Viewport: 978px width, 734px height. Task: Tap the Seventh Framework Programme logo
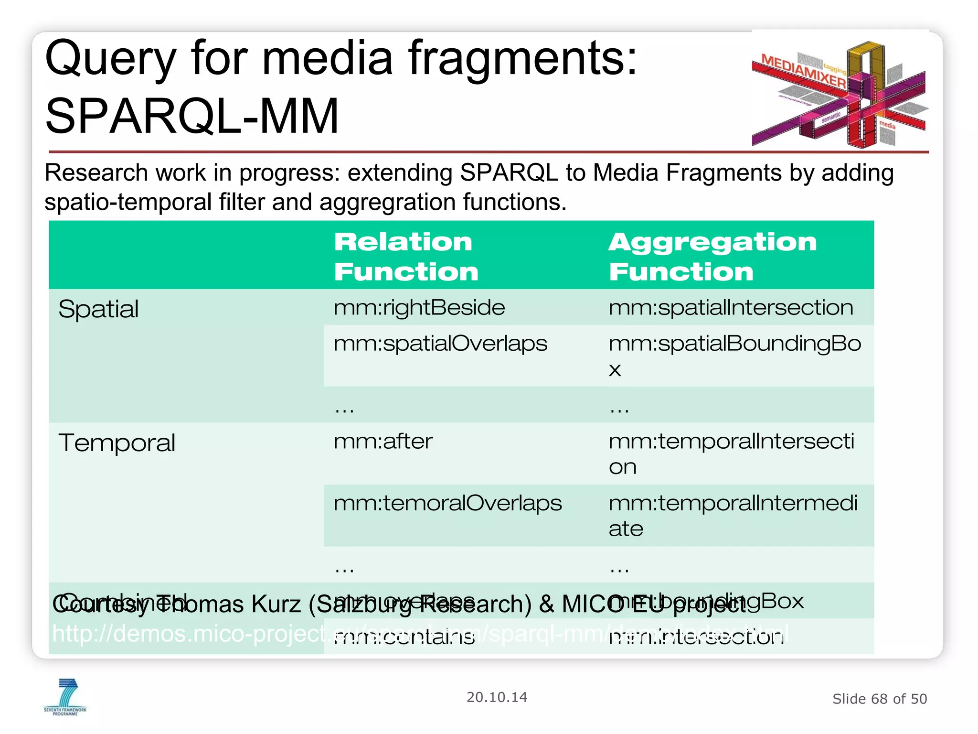tap(65, 697)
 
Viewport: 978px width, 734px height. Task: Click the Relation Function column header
tap(406, 256)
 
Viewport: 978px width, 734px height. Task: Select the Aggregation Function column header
tap(712, 256)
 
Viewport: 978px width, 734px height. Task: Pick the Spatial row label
tap(98, 309)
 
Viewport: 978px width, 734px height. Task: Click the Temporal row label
tap(117, 443)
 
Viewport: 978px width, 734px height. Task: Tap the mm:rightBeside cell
tap(419, 307)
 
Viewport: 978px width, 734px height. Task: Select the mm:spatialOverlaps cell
tap(440, 344)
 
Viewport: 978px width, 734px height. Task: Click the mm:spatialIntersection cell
tap(731, 307)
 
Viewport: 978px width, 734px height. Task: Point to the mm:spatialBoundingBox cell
tap(734, 356)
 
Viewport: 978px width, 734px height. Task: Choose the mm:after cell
tap(383, 441)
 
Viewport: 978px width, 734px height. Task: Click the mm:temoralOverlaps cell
tap(447, 503)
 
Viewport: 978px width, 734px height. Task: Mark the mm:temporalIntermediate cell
tap(733, 515)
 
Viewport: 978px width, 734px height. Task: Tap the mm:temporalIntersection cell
tap(731, 453)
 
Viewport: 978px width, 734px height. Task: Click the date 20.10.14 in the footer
tap(497, 697)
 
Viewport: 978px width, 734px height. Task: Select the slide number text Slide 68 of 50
tap(879, 699)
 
